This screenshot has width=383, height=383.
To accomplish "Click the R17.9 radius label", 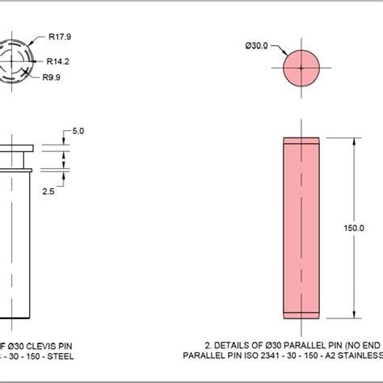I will [x=61, y=36].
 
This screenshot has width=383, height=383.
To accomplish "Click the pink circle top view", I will [x=302, y=70].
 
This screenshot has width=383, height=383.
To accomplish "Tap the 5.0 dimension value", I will [x=78, y=129].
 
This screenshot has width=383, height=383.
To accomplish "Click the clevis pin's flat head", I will [x=13, y=148].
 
